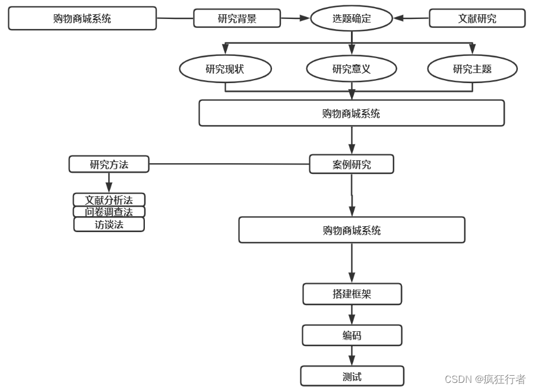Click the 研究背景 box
(x=236, y=18)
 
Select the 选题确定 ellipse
(x=352, y=18)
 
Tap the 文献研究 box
(x=477, y=18)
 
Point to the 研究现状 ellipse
(x=225, y=69)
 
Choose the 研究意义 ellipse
(x=352, y=69)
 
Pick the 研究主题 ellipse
(x=473, y=69)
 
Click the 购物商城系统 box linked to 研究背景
(x=82, y=18)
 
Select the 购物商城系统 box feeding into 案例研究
(x=352, y=113)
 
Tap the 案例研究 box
(x=352, y=164)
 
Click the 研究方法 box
(x=109, y=164)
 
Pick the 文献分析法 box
(x=109, y=200)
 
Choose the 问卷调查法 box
(x=109, y=212)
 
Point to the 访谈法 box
(x=109, y=224)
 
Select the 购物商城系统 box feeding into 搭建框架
(x=352, y=230)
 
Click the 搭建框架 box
(x=352, y=294)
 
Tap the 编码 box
(x=352, y=335)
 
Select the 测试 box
(x=352, y=376)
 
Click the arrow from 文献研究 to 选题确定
(x=411, y=18)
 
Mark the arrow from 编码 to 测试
(x=352, y=356)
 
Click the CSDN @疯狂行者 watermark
(x=485, y=379)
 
